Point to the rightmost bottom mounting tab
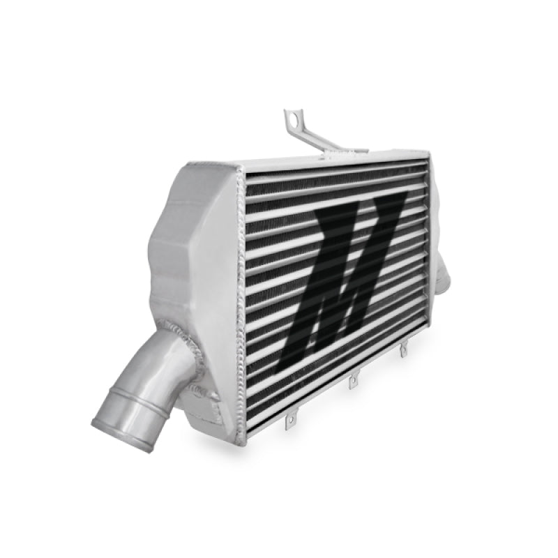coord(403,351)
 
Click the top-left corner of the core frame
coord(241,169)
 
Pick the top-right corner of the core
coord(426,153)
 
